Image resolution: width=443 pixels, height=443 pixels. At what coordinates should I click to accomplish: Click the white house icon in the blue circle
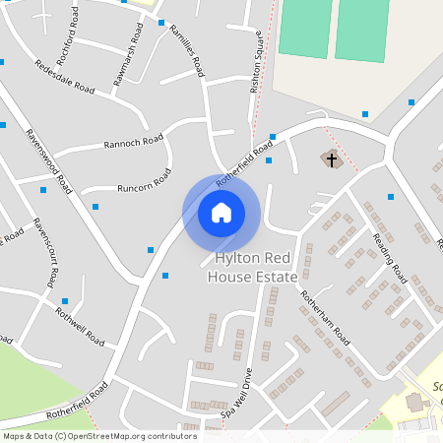[x=221, y=213]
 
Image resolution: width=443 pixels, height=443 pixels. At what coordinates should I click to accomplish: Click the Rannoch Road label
[x=134, y=142]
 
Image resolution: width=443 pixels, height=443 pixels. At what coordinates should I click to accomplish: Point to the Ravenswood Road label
[x=49, y=158]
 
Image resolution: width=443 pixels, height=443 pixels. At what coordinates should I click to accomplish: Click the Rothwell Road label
[x=80, y=326]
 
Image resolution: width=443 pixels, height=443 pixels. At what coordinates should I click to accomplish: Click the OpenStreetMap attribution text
[x=99, y=435]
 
